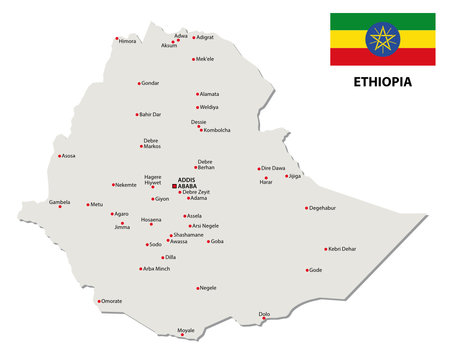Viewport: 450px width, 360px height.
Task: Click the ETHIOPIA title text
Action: click(x=382, y=81)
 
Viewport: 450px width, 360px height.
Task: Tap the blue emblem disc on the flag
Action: click(x=382, y=39)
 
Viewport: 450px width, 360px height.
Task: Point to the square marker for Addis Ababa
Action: click(x=175, y=186)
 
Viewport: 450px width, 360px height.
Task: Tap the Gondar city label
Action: click(x=150, y=83)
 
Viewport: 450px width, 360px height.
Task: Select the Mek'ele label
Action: click(x=206, y=59)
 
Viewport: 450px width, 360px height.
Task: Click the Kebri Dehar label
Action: click(x=342, y=248)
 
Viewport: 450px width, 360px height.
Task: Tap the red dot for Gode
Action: click(x=306, y=270)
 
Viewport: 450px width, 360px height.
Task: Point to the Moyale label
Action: click(x=186, y=329)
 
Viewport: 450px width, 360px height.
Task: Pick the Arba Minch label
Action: click(x=157, y=269)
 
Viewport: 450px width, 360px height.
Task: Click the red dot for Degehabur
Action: click(x=307, y=208)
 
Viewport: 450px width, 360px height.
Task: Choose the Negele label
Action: click(x=208, y=288)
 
